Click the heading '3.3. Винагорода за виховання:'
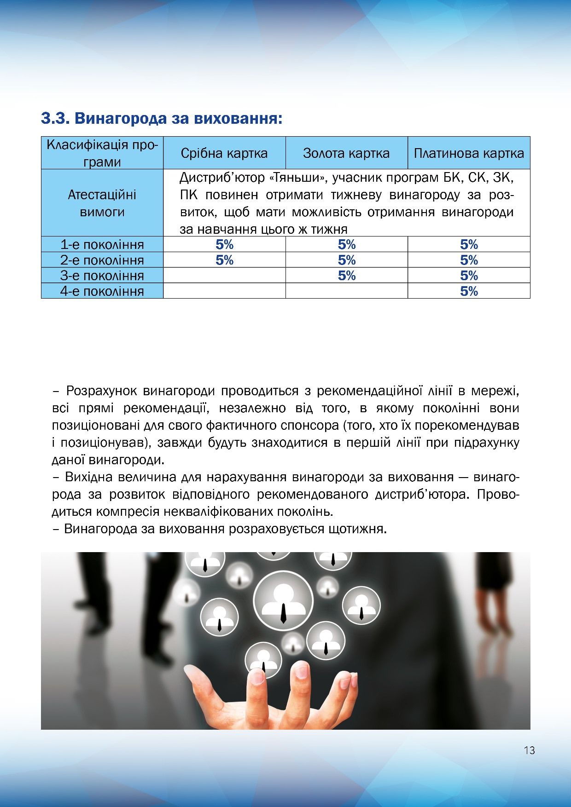(161, 119)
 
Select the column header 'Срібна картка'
(224, 153)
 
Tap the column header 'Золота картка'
(346, 153)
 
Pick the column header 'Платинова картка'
(469, 153)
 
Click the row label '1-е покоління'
(102, 244)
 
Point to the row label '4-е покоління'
(102, 291)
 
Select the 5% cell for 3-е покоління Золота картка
(346, 276)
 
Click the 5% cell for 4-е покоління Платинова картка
(469, 291)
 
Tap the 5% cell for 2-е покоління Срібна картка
(224, 260)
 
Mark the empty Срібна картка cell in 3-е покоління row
(224, 276)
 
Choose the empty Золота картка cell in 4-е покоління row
(346, 291)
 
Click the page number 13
(529, 750)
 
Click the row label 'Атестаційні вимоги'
(102, 203)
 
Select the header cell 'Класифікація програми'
(102, 153)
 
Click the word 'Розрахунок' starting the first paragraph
(102, 391)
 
